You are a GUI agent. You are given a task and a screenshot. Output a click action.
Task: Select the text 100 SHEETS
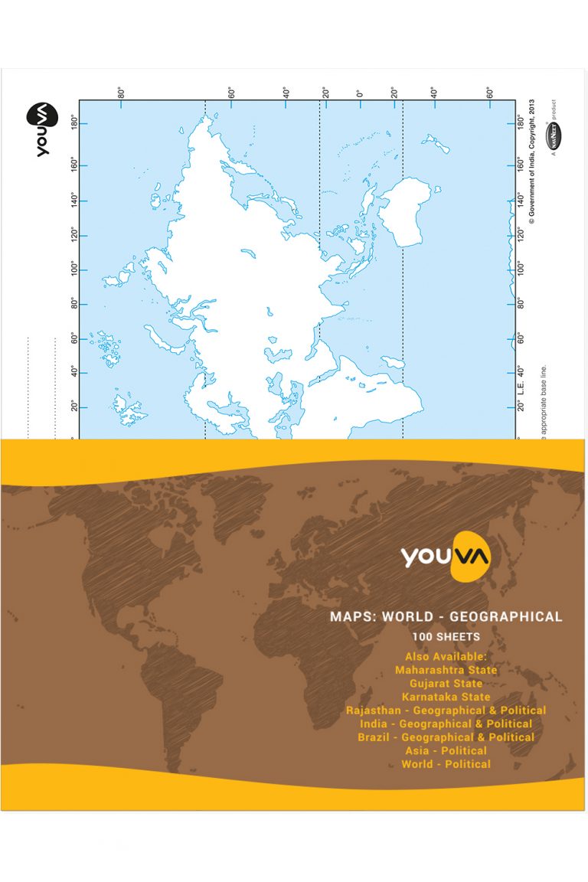(x=446, y=637)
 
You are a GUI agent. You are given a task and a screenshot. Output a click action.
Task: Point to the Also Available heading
(x=446, y=656)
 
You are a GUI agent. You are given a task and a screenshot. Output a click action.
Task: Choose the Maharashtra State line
(x=446, y=670)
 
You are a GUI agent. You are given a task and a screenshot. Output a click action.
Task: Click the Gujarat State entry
(x=446, y=683)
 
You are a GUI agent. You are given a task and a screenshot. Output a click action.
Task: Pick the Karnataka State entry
(x=446, y=697)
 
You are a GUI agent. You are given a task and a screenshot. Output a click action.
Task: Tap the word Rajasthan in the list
(x=375, y=710)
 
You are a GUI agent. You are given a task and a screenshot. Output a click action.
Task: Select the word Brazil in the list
(x=376, y=737)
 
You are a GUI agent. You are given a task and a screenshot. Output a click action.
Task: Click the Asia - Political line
(x=446, y=750)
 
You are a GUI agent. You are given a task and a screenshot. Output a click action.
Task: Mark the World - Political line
(x=446, y=764)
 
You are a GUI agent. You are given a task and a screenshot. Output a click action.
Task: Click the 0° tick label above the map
(x=358, y=93)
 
